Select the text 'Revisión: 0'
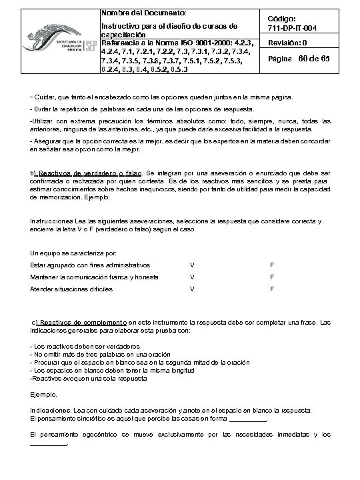287,43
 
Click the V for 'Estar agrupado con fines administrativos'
192,265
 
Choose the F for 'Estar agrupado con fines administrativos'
272,265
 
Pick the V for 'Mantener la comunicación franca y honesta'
192,277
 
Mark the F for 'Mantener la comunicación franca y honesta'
272,277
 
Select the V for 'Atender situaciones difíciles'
192,289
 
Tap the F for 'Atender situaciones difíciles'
272,289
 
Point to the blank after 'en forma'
247,419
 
